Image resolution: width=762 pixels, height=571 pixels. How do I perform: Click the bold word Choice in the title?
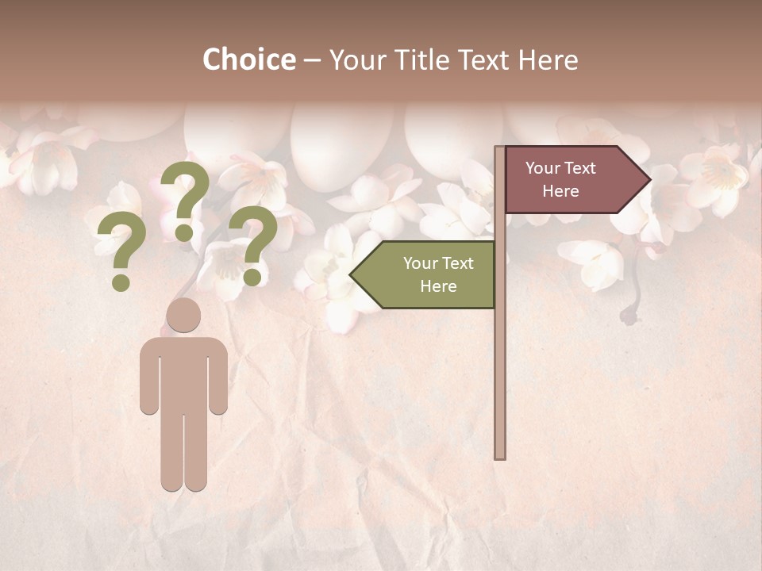(x=248, y=59)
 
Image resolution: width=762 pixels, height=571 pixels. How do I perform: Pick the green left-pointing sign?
(x=429, y=275)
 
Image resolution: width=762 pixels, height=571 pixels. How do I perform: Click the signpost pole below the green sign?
(x=500, y=381)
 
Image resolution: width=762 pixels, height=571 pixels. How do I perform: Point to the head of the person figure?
(x=183, y=315)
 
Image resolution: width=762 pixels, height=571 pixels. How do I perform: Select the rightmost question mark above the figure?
(x=253, y=244)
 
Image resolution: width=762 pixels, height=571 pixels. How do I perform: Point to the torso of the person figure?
(x=183, y=373)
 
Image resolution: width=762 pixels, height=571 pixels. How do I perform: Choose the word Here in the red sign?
(x=560, y=191)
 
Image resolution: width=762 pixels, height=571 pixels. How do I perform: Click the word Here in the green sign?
(x=438, y=286)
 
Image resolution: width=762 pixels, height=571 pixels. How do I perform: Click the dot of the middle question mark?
(x=184, y=233)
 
